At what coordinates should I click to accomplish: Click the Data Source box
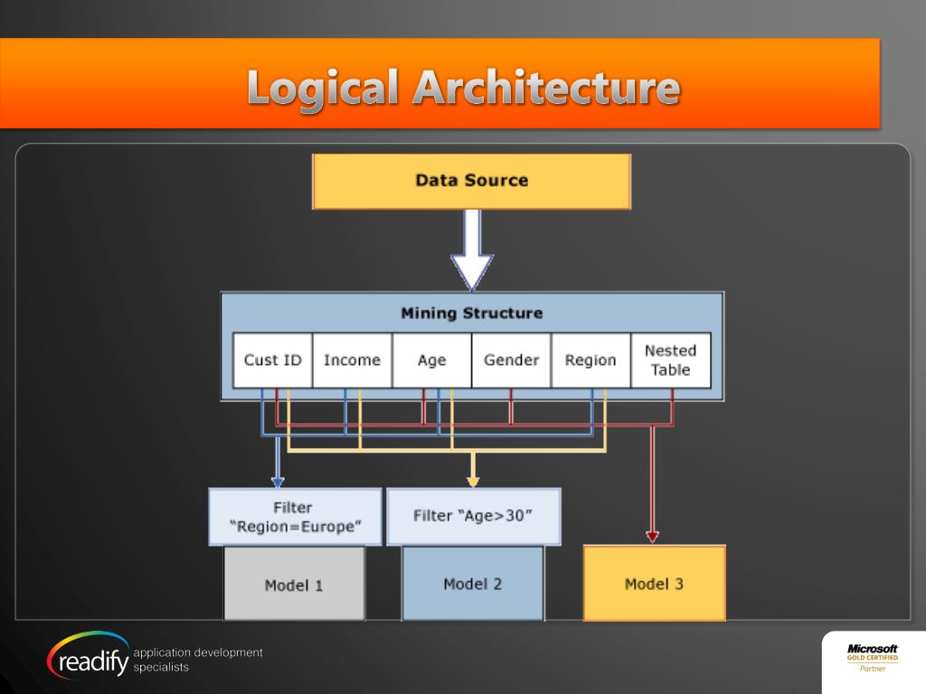(x=471, y=181)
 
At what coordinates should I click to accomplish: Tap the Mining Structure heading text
(x=471, y=314)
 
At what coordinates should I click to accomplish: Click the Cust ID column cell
(x=272, y=360)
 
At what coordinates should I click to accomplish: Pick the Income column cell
(x=352, y=360)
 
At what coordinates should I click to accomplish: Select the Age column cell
(x=431, y=360)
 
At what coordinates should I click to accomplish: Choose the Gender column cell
(x=511, y=360)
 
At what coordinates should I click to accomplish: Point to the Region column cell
(x=591, y=360)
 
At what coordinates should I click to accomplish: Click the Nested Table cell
(x=670, y=360)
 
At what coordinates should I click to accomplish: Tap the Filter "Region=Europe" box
(x=295, y=517)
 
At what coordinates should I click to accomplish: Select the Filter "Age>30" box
(x=473, y=516)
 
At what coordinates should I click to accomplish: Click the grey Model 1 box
(x=294, y=585)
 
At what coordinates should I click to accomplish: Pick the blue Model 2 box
(x=472, y=584)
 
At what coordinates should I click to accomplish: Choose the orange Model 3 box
(x=654, y=584)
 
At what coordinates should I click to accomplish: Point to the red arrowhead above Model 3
(x=652, y=536)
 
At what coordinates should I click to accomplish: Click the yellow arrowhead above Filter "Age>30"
(x=472, y=482)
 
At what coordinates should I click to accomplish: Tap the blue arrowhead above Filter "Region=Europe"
(x=278, y=482)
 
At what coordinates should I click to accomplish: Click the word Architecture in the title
(x=546, y=89)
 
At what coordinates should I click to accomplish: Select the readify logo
(x=89, y=658)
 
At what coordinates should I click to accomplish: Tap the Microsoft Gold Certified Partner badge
(x=873, y=658)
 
